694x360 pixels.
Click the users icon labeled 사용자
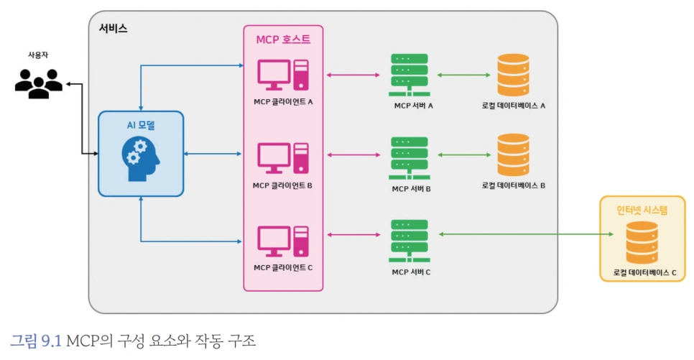39,83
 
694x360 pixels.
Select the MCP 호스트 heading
283,40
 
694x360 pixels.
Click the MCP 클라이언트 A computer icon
283,75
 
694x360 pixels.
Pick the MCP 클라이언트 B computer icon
283,158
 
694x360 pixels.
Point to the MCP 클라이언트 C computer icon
283,241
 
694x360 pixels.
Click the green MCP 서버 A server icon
410,75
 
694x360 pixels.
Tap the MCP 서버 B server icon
410,158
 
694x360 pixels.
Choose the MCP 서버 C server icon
410,241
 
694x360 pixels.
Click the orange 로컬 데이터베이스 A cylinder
514,75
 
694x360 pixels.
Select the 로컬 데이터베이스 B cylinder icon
514,155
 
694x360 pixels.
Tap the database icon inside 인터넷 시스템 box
642,243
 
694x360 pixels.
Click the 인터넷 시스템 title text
642,210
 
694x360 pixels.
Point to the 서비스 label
114,28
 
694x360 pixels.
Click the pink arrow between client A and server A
353,75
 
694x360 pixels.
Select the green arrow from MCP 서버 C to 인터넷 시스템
527,234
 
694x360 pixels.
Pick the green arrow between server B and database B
464,155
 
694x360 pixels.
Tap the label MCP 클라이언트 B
282,185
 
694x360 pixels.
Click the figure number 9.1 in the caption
51,341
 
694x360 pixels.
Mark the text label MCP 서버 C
411,272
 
